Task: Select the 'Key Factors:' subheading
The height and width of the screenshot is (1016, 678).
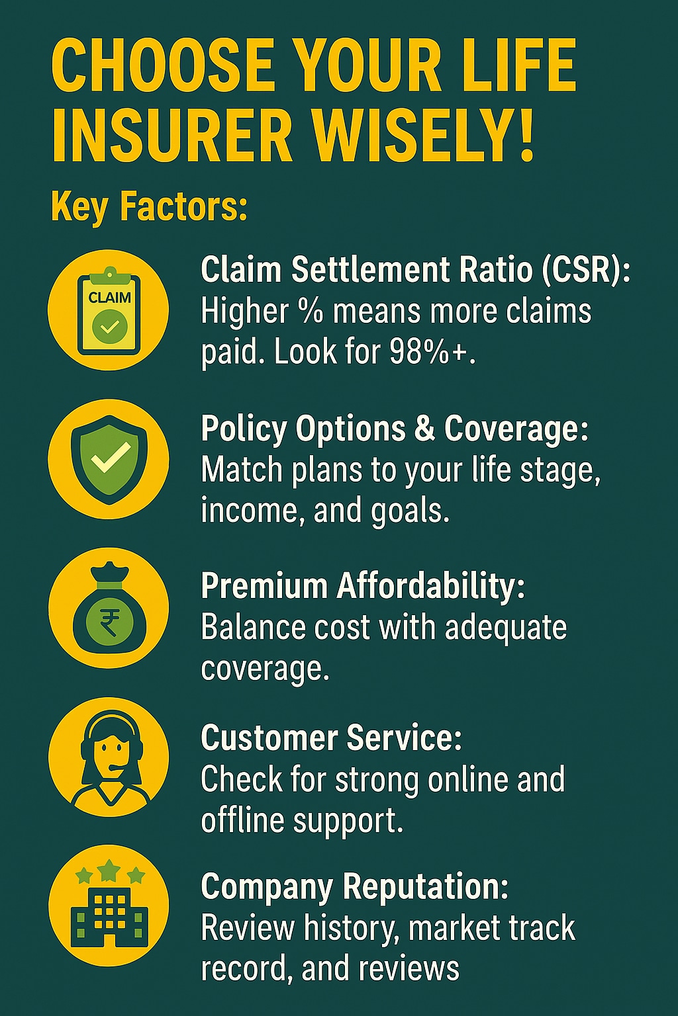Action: (x=150, y=207)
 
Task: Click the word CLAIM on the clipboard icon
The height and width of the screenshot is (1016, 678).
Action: (x=109, y=298)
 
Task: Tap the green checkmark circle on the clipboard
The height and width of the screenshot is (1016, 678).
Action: (x=109, y=326)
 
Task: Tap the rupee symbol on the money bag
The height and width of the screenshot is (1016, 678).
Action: (x=109, y=622)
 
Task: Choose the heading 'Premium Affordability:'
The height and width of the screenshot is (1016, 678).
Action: (x=363, y=587)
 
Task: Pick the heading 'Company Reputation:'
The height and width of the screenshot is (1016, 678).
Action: (x=355, y=888)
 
